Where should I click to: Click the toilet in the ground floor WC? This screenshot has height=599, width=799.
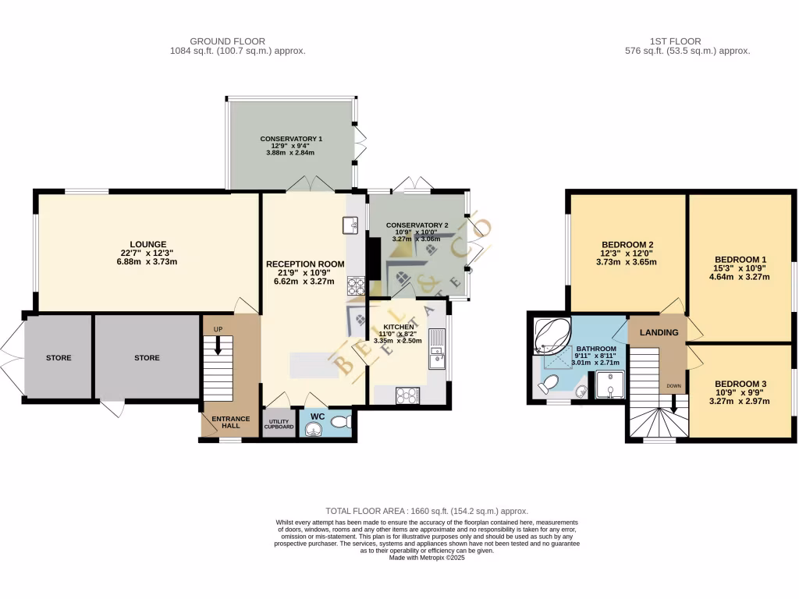click(x=340, y=422)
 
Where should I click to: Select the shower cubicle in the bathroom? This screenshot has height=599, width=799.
click(x=609, y=384)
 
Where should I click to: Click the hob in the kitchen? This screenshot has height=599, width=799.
click(x=407, y=395)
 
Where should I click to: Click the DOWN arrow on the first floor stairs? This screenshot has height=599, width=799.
click(x=673, y=400)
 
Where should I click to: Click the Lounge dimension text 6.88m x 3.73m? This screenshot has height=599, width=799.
click(x=148, y=261)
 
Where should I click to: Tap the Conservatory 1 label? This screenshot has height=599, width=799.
click(x=291, y=139)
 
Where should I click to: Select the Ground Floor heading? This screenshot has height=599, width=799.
click(x=228, y=41)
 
